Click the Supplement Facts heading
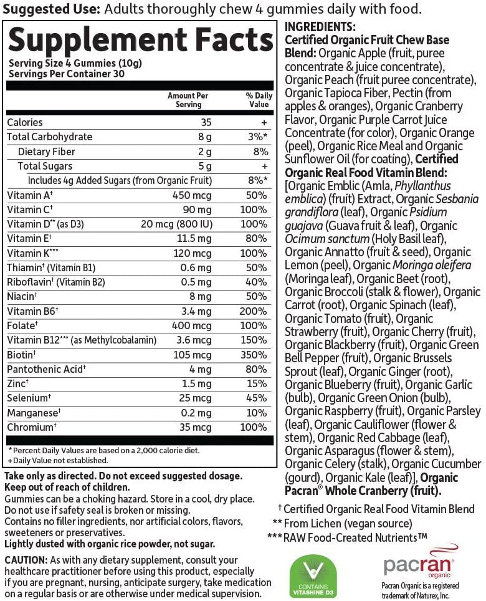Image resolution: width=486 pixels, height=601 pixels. (140, 41)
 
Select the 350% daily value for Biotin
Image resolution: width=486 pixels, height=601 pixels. (255, 355)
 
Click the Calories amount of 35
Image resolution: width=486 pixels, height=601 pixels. (207, 122)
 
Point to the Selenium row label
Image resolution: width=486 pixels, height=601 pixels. (29, 398)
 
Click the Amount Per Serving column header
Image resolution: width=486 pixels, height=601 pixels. (188, 100)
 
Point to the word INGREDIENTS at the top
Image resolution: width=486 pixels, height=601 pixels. (320, 27)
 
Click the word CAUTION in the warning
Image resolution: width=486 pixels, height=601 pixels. (24, 560)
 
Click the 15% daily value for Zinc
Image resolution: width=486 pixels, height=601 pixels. (257, 383)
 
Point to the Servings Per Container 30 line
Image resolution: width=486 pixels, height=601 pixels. (67, 73)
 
